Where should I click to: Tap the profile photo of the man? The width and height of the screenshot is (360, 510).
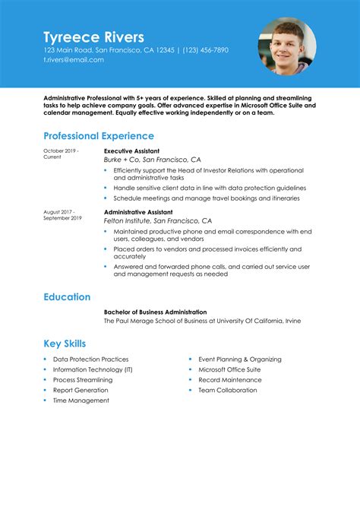287,46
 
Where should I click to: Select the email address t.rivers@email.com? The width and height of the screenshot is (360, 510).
74,59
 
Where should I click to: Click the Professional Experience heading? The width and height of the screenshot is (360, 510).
99,136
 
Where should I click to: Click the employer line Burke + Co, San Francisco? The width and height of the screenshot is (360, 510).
152,160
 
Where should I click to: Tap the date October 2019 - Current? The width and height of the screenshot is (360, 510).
60,154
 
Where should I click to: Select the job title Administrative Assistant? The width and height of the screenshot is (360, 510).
138,212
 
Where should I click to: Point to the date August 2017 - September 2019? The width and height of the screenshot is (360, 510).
62,215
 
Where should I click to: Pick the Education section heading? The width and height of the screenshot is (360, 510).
67,297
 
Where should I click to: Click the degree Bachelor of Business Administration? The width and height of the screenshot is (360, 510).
155,312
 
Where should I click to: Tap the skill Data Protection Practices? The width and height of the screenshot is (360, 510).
90,360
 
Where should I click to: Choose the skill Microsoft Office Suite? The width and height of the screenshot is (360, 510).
229,369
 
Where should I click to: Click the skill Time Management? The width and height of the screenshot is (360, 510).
81,401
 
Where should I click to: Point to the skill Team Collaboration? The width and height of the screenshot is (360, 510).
228,391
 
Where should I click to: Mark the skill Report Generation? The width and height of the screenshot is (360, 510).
81,391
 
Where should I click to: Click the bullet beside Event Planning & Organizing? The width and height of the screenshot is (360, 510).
190,360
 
